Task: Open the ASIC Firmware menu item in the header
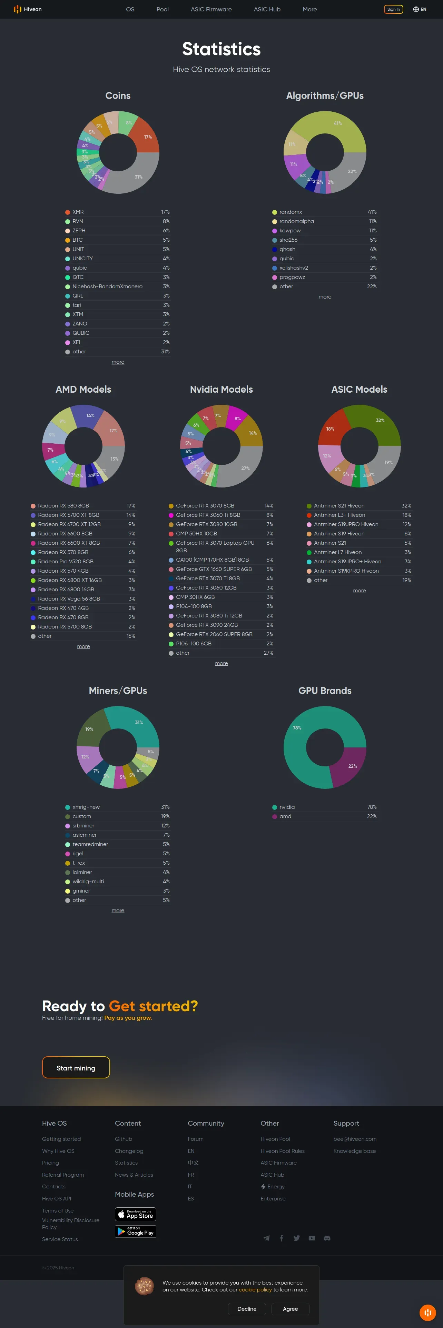(x=211, y=9)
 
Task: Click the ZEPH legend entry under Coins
(x=79, y=230)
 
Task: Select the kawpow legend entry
(x=290, y=230)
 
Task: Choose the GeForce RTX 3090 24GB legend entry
(x=207, y=625)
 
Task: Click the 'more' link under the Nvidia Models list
(x=221, y=664)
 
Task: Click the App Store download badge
(x=135, y=1215)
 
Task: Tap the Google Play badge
(x=135, y=1232)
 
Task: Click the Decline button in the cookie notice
(x=246, y=1309)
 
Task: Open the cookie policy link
(x=255, y=1290)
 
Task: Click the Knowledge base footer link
(x=354, y=1151)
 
